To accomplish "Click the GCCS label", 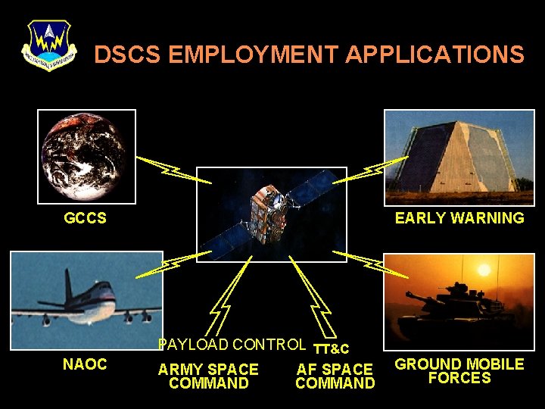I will point(85,219).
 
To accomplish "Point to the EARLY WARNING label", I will point(459,219).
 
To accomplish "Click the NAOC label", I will point(85,364).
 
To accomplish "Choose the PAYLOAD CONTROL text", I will point(232,345).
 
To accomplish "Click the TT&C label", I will point(331,349).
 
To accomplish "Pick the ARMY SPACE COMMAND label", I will point(208,376).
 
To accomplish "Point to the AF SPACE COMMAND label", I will point(335,376).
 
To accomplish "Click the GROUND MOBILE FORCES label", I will point(459,371).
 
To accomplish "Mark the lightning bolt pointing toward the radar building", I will point(370,171).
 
